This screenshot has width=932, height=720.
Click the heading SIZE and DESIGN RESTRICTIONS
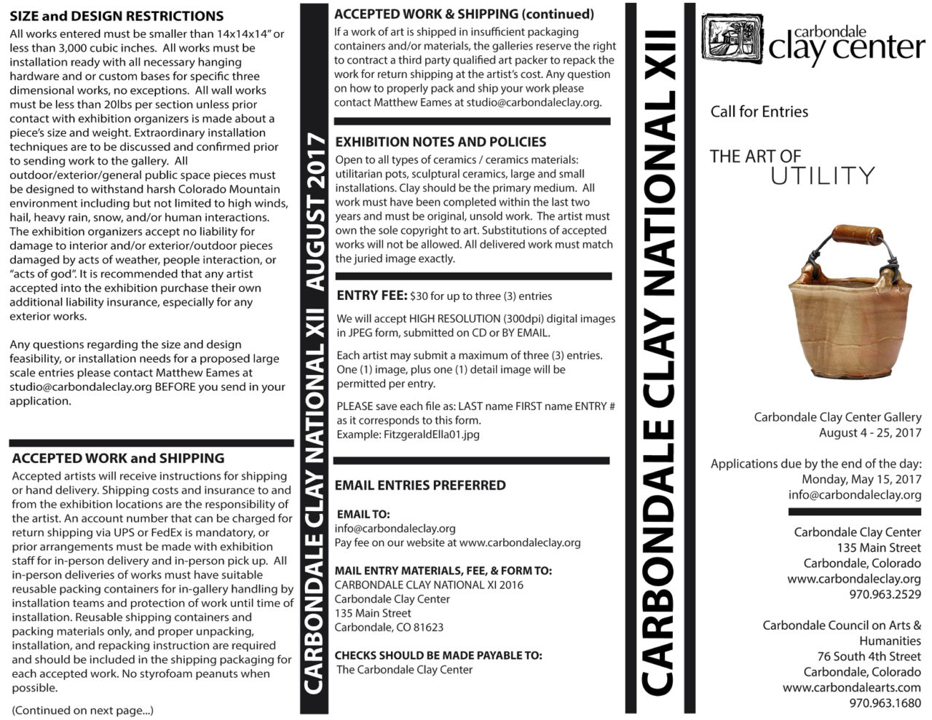116,16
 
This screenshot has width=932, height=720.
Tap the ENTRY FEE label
371,296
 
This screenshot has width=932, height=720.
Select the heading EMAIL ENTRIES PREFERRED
420,485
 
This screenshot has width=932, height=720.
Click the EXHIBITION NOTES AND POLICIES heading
441,142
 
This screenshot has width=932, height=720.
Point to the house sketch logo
732,41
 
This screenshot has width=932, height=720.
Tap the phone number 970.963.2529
885,594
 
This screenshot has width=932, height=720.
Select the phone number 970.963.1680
885,703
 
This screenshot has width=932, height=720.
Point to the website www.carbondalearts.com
851,687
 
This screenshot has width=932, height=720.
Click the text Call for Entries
759,111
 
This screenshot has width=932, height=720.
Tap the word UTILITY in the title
822,175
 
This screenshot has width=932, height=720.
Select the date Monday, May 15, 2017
861,479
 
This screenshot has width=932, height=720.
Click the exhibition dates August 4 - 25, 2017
869,433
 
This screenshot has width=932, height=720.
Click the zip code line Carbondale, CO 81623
389,628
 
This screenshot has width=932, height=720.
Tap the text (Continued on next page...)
82,711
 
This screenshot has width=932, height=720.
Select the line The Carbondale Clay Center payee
405,670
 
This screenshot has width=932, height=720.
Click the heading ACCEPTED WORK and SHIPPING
118,458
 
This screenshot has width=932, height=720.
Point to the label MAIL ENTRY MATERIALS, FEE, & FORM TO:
443,571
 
